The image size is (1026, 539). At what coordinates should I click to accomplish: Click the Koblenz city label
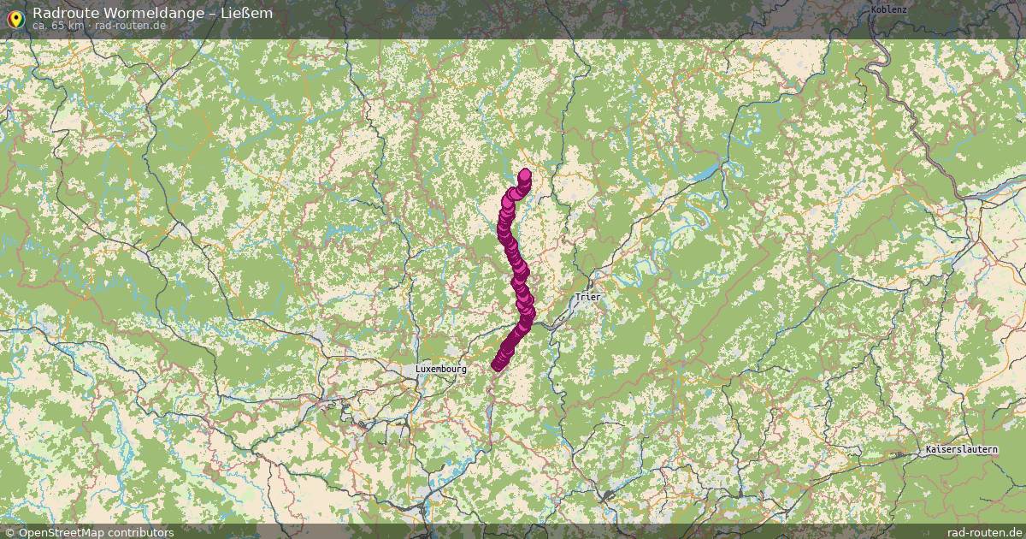[888, 9]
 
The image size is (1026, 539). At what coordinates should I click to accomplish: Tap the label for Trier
[588, 298]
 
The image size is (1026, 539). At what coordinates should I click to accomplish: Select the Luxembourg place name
[441, 369]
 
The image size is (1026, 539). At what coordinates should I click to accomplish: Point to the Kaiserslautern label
[962, 449]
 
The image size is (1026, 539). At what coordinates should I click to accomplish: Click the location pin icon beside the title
[15, 18]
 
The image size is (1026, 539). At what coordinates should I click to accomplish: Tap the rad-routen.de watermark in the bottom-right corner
[986, 532]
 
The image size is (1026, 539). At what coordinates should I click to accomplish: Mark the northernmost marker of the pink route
[524, 175]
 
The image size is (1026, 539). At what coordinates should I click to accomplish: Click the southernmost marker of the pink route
[498, 366]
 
